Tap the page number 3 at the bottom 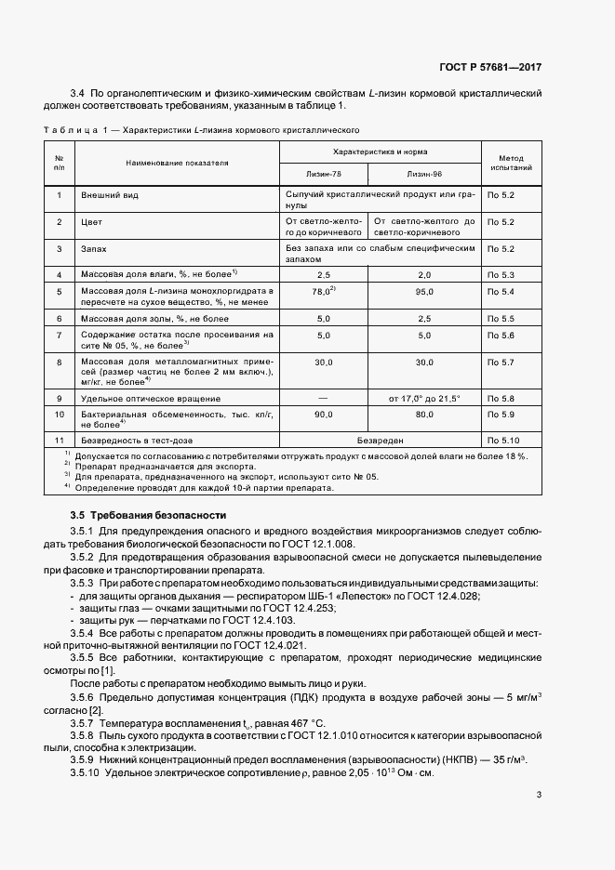point(539,794)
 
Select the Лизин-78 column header point(323,174)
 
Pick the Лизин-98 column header point(425,174)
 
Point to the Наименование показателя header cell point(178,163)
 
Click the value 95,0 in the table point(425,291)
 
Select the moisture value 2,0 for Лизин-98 point(425,275)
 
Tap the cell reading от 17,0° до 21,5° point(425,398)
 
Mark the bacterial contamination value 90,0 point(324,415)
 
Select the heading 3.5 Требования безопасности point(148,515)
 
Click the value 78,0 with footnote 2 point(323,291)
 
